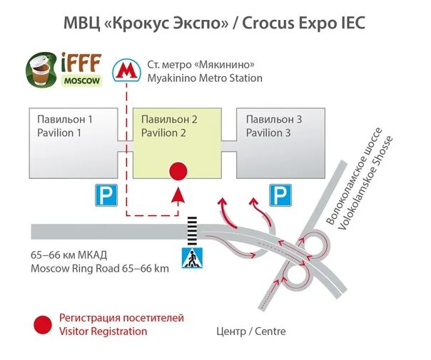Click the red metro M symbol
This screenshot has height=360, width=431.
[127, 70]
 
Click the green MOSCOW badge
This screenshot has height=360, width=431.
[81, 79]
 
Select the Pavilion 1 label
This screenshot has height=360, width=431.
[65, 126]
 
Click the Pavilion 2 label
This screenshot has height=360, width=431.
[169, 126]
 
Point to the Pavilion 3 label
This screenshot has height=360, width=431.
[273, 126]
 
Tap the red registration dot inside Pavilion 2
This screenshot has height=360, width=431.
[177, 171]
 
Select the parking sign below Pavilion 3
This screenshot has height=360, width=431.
[279, 195]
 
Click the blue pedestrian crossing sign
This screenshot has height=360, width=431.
[191, 259]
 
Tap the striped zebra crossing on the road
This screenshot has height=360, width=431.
[191, 230]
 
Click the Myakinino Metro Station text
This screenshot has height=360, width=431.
[205, 78]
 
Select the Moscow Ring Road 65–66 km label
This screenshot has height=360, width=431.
[100, 269]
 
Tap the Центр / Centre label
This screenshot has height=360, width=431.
[250, 331]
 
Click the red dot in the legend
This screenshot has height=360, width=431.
[43, 324]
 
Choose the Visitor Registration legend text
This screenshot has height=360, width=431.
[103, 331]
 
